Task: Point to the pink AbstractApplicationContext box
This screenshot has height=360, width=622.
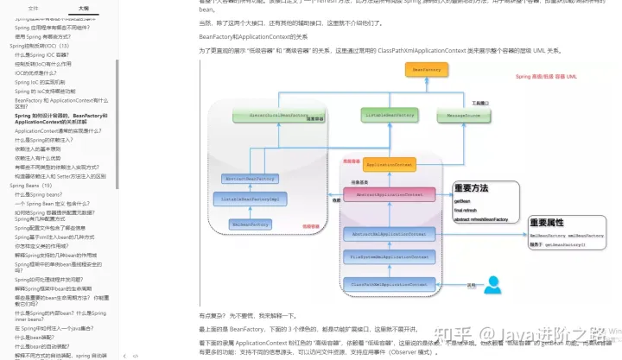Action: (390, 194)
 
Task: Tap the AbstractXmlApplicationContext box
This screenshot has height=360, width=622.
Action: (389, 234)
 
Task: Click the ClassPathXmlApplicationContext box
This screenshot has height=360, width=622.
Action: (389, 282)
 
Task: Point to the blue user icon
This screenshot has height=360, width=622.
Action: (494, 285)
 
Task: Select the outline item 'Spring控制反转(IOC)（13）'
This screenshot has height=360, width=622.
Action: (44, 45)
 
